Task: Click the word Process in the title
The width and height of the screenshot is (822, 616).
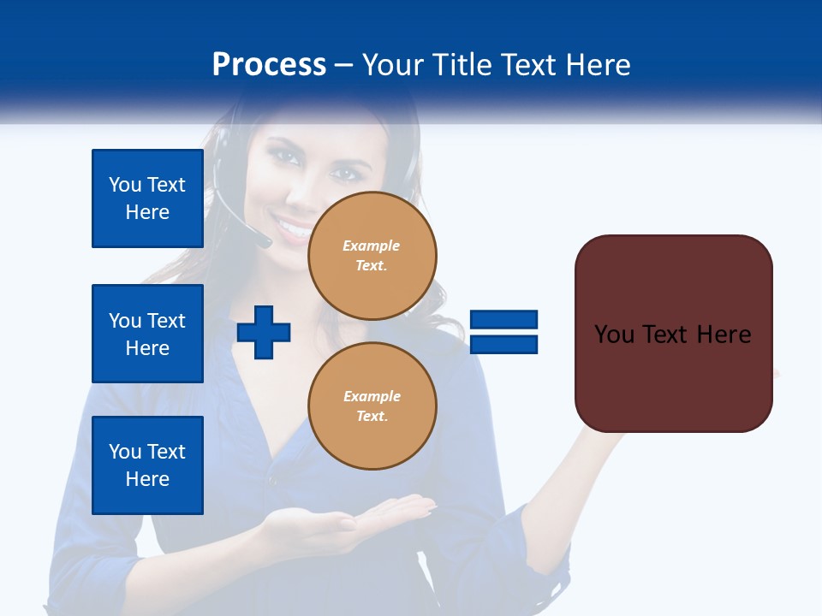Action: pyautogui.click(x=269, y=65)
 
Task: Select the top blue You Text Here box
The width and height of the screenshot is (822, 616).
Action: pyautogui.click(x=147, y=198)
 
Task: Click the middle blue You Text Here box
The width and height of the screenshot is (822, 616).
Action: pyautogui.click(x=147, y=334)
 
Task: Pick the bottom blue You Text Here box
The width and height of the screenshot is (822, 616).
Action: pyautogui.click(x=147, y=465)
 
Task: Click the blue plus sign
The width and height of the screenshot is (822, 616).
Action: pyautogui.click(x=264, y=331)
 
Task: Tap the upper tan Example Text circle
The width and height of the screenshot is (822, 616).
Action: pyautogui.click(x=372, y=256)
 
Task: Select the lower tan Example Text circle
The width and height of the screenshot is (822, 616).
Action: pyautogui.click(x=372, y=406)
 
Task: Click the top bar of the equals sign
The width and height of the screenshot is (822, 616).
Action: pyautogui.click(x=503, y=320)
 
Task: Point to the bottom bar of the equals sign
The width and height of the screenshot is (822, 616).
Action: pyautogui.click(x=503, y=344)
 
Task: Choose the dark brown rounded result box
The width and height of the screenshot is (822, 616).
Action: pyautogui.click(x=673, y=376)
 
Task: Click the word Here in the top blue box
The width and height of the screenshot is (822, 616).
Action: pyautogui.click(x=147, y=212)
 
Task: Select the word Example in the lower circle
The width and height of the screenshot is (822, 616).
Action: pyautogui.click(x=372, y=396)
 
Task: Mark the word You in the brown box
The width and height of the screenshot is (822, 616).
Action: pyautogui.click(x=614, y=335)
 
